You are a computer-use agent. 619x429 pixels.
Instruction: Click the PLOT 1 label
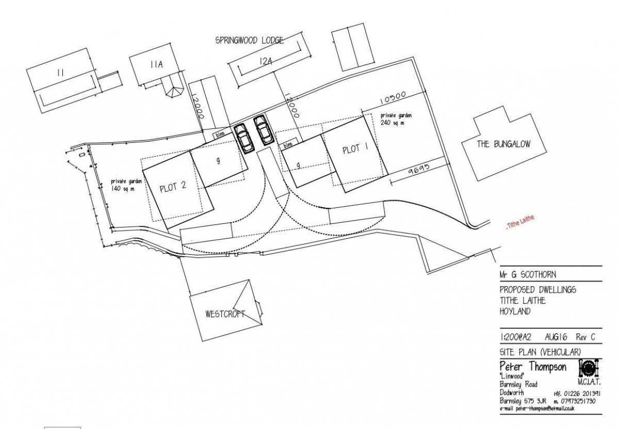point(355,149)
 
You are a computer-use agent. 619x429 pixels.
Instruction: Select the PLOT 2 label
point(173,187)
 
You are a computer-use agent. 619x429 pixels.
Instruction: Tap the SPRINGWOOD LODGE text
point(250,40)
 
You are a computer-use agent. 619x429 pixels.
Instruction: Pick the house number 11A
point(156,65)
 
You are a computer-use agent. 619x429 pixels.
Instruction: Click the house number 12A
point(265,61)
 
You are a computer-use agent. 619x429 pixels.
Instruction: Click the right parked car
point(264,130)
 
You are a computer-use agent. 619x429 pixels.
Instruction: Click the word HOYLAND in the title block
point(516,312)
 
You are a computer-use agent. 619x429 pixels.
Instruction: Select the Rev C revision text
point(585,337)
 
